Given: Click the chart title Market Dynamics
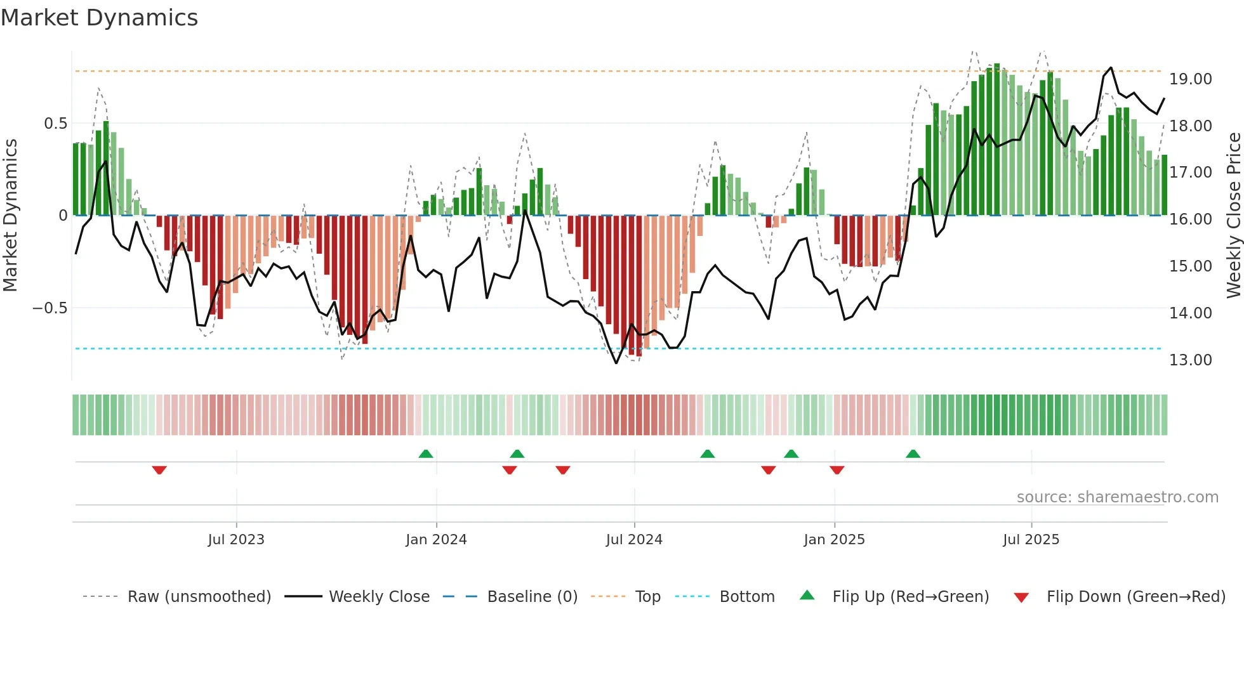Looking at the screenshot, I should (100, 18).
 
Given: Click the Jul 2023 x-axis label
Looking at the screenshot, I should (236, 540).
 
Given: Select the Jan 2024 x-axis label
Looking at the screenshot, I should (436, 540).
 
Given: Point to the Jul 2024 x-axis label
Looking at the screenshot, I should (634, 540).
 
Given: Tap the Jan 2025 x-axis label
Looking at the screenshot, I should (834, 540).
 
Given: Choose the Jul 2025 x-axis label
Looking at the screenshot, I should (1031, 540).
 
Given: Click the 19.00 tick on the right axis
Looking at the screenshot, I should (1190, 79).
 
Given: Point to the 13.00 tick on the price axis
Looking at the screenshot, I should (1190, 360).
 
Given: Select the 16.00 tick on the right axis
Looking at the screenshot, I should (1190, 219).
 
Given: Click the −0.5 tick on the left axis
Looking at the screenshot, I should (50, 308).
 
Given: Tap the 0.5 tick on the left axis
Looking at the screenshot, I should (55, 124).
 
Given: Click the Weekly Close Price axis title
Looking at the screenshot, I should (1233, 216).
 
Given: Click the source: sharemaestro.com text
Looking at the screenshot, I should (1117, 497).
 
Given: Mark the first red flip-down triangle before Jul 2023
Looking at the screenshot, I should (159, 470).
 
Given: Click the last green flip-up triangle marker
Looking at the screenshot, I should (913, 454).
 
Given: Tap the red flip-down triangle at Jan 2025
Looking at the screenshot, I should (837, 470).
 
